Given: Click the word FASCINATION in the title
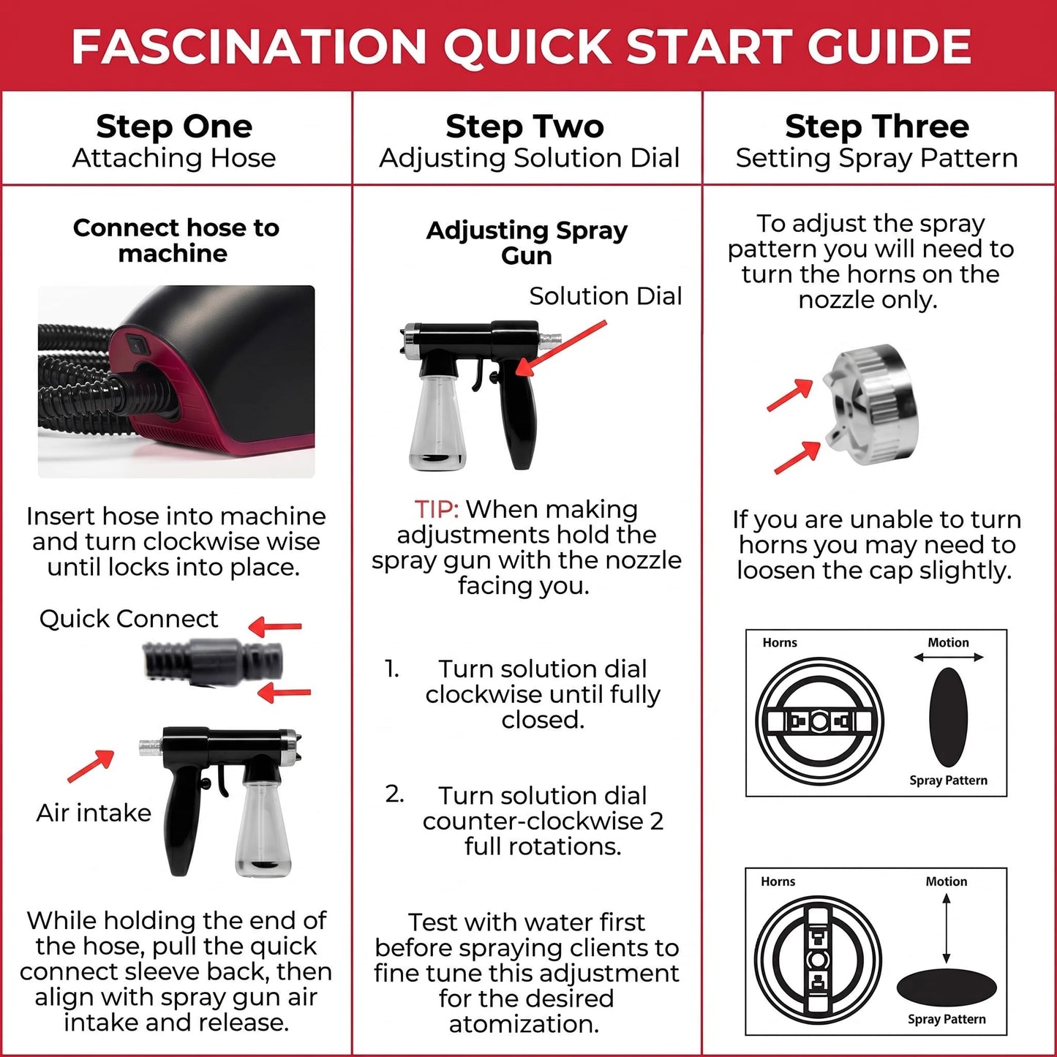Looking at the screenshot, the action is (249, 46).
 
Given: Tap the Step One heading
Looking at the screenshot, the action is (174, 127).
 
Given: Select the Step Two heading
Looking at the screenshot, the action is (525, 127).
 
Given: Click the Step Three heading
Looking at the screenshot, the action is (876, 127).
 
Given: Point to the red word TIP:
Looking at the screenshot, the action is (436, 509).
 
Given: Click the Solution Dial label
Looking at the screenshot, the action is (606, 296).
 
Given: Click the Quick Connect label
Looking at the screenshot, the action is (128, 619).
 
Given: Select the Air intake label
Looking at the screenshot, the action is (94, 813).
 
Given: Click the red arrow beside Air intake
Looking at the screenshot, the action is (91, 766).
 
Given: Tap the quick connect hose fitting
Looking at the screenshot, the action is (213, 661).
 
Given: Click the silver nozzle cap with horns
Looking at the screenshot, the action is (870, 405).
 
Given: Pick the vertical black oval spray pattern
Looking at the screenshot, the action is (949, 717).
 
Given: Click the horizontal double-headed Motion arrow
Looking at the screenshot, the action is (949, 657).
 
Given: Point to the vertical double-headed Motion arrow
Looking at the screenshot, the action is (947, 929).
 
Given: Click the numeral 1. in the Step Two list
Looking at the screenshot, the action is (391, 669).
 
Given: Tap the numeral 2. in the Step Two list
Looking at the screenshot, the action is (394, 794).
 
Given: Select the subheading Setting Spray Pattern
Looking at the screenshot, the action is (876, 159).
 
